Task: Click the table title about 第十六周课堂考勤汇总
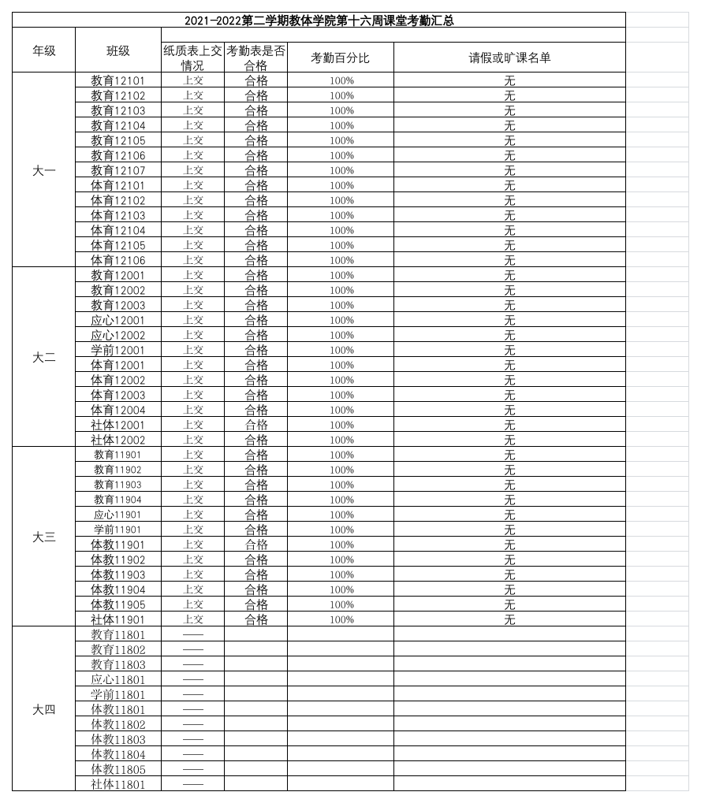(x=319, y=20)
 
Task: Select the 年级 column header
(x=43, y=50)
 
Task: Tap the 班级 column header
(x=118, y=50)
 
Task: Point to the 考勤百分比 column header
(x=341, y=58)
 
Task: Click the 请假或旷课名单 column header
(x=509, y=58)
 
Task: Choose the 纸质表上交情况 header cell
(x=192, y=58)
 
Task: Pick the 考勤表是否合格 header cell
(x=256, y=58)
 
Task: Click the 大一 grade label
(x=43, y=170)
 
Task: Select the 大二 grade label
(x=43, y=357)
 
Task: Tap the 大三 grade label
(x=43, y=537)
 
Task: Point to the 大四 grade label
(x=43, y=709)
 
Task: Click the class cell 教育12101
(x=118, y=80)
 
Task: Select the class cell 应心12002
(x=118, y=335)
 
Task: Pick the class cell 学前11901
(x=118, y=530)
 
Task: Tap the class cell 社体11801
(x=118, y=784)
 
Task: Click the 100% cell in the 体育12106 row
(x=341, y=260)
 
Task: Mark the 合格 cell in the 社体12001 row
(x=256, y=425)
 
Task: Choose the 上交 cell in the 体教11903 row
(x=193, y=574)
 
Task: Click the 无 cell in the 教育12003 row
(x=509, y=305)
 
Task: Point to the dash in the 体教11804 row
(x=193, y=754)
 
